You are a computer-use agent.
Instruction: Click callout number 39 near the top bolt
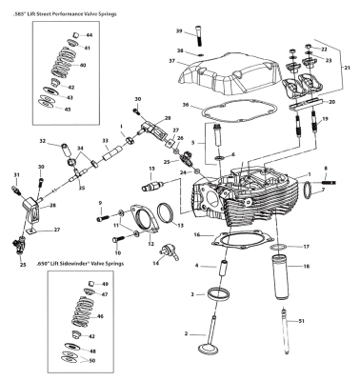(179, 31)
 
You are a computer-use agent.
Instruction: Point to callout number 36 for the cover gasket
(187, 105)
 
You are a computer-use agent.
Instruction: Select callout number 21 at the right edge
(346, 68)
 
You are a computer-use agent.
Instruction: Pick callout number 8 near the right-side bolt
(326, 169)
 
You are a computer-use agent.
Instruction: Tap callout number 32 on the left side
(42, 141)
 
